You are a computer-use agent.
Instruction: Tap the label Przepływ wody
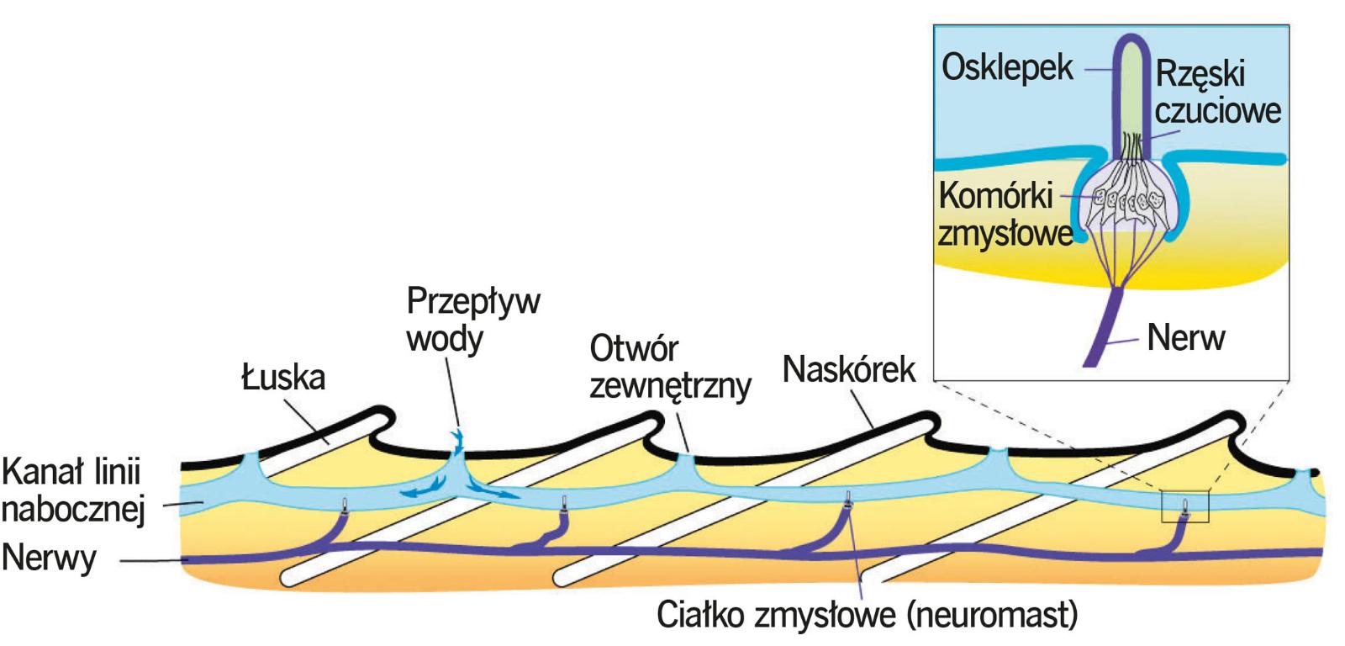coord(472,321)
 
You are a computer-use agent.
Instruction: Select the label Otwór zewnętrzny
coord(669,368)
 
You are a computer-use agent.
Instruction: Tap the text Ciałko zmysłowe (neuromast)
coord(866,617)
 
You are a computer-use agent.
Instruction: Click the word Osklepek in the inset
coord(1008,69)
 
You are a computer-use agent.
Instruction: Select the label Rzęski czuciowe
coord(1217,93)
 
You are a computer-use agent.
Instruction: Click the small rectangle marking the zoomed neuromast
coord(1184,507)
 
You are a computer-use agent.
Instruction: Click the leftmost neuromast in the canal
coord(345,505)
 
